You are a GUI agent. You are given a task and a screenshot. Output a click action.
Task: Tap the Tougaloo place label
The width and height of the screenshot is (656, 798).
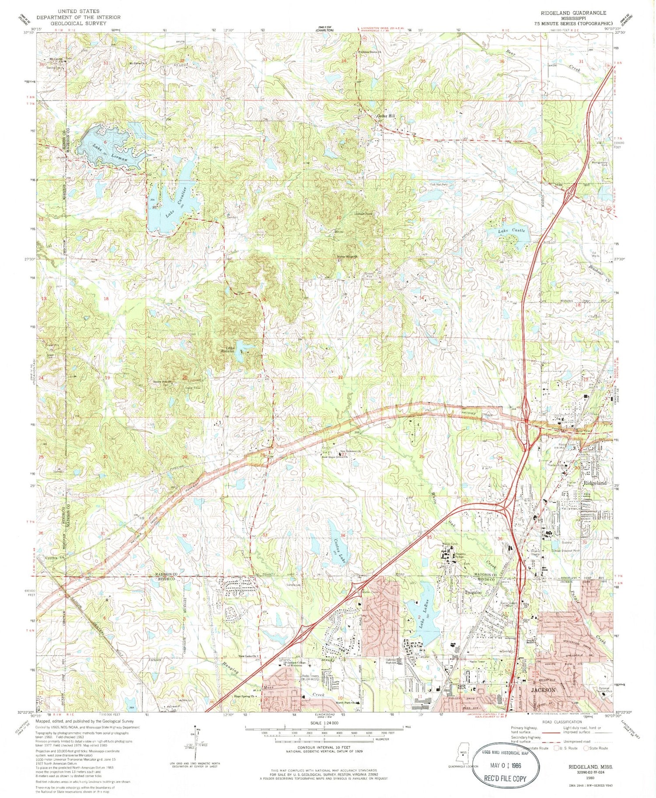coord(472,592)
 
